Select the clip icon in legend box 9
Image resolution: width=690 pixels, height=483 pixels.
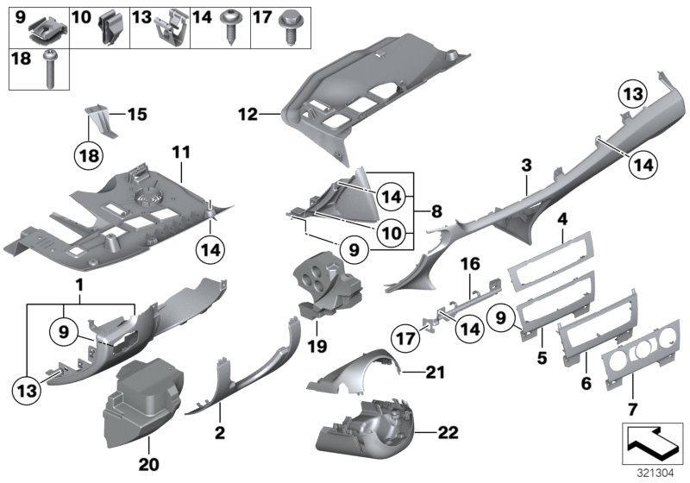46,33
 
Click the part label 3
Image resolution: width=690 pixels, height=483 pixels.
525,164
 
